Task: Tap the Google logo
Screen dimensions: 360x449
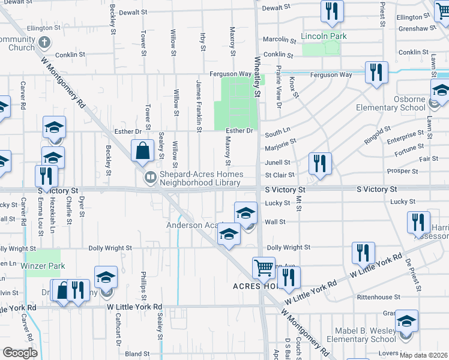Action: point(20,353)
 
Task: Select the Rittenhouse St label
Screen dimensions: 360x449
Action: point(378,297)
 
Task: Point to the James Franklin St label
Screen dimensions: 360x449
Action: point(198,105)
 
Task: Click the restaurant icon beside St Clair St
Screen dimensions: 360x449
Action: point(320,163)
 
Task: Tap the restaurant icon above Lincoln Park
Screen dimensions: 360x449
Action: point(332,10)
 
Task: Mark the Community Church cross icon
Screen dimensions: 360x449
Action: point(43,43)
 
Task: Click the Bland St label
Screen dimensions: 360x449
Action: point(137,354)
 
